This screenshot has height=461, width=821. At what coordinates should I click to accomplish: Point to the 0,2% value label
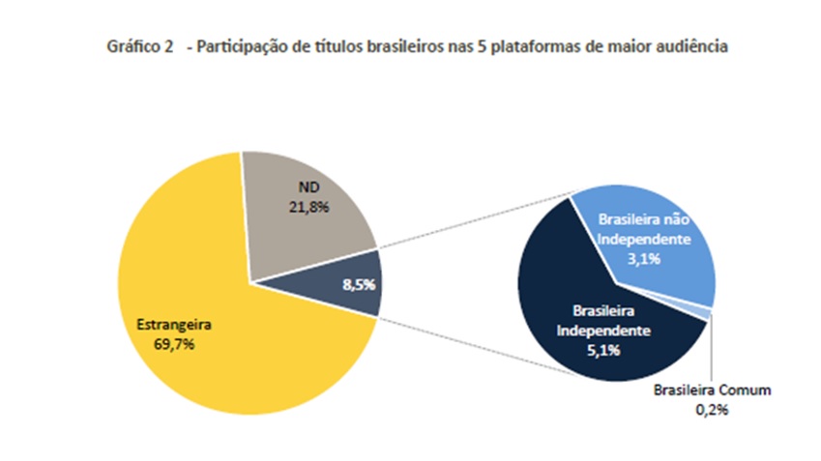pos(712,409)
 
